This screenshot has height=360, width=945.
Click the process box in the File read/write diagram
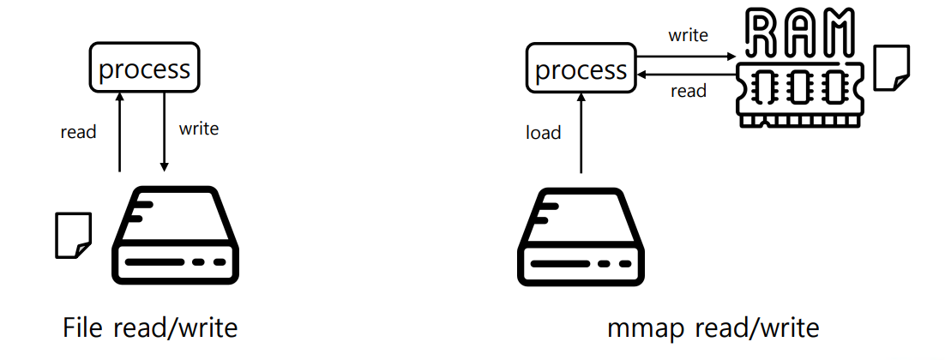(145, 68)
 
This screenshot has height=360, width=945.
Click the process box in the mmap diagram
(581, 69)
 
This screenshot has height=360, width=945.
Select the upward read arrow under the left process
(119, 133)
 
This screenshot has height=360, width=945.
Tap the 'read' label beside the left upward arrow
(78, 132)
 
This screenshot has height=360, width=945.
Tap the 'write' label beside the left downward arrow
(198, 129)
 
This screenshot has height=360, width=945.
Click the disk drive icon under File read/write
(176, 235)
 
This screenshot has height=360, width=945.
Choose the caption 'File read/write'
(150, 328)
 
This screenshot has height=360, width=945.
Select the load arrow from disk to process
(581, 133)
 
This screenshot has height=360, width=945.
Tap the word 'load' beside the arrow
(543, 132)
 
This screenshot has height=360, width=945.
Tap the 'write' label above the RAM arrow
(688, 36)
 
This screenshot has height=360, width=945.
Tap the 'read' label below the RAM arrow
(689, 91)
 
